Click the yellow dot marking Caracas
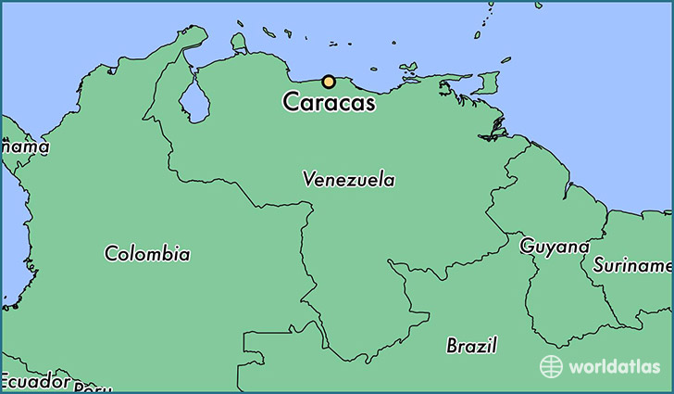328,82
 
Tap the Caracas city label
330,103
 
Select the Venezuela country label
348,180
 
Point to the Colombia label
147,253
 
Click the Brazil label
471,346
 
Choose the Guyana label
555,247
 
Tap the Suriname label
632,265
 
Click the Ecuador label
35,381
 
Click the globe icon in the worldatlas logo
551,366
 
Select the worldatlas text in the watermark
614,366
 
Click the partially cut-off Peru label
93,388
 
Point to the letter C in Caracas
292,103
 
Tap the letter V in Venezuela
308,179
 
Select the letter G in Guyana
527,247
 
